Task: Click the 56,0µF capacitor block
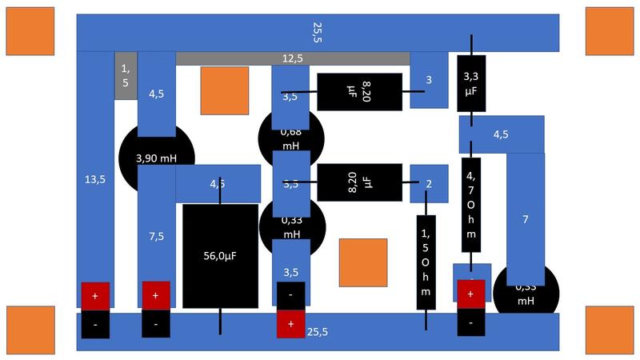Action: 221,256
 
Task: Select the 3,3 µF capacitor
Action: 471,83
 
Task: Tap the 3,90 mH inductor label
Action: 156,158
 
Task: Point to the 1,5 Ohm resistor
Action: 426,262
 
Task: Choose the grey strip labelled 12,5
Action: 293,58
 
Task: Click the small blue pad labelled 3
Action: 429,80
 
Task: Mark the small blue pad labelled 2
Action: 429,184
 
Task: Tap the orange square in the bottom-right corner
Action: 610,330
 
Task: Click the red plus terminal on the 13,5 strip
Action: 95,295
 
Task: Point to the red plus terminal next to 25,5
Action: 290,324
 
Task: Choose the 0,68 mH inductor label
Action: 290,138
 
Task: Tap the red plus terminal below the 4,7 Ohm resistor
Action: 470,294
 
